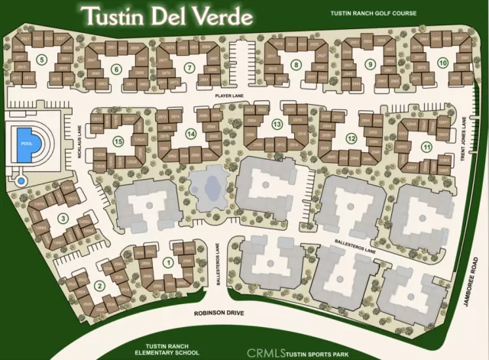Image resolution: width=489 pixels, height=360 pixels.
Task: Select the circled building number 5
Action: coord(43,57)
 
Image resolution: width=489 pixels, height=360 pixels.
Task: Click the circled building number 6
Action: coord(116,70)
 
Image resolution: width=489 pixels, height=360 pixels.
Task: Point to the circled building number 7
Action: coord(188,68)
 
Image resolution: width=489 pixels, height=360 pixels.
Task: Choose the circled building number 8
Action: coord(296,66)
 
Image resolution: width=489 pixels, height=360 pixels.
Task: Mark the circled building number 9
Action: coord(369,64)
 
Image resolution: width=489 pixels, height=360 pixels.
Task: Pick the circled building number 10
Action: coord(442,62)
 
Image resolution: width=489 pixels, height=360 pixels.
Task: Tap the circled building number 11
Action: coord(426,146)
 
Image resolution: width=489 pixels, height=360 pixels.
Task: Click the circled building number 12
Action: coord(351,138)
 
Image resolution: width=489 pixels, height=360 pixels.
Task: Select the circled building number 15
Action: coord(118,141)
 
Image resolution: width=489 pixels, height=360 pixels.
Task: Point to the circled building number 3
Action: coord(63,219)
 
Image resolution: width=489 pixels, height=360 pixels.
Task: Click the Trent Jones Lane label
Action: coord(464,138)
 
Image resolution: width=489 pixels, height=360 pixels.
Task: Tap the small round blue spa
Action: coord(21,181)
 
